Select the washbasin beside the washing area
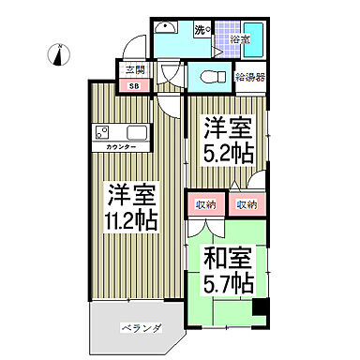click(168, 28)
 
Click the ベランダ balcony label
click(142, 328)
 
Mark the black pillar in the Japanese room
click(262, 307)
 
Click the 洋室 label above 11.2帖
click(128, 195)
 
